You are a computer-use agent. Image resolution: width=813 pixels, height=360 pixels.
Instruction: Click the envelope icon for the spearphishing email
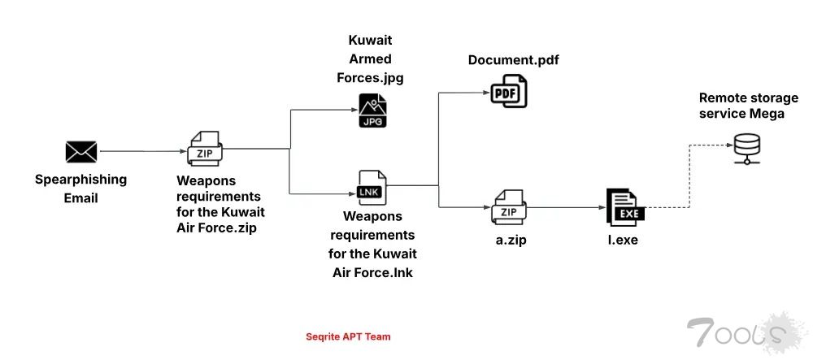tap(81, 151)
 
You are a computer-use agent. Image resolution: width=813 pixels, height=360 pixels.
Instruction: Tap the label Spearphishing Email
tap(80, 188)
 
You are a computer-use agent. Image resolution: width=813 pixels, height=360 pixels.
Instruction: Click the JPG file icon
tap(373, 111)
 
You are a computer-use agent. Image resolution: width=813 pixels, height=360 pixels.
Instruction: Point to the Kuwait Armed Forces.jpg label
tap(370, 59)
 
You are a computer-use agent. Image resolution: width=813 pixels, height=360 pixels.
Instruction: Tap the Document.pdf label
tap(513, 61)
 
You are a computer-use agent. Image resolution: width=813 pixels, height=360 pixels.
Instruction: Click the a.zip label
tap(509, 241)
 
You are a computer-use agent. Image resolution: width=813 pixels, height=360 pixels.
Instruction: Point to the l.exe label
tap(623, 241)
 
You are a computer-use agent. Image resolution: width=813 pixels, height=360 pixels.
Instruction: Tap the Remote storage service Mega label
tap(741, 106)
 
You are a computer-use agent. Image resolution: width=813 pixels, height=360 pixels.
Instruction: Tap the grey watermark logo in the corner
tap(736, 333)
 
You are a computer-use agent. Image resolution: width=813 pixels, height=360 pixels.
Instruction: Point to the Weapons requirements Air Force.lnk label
tap(372, 244)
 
